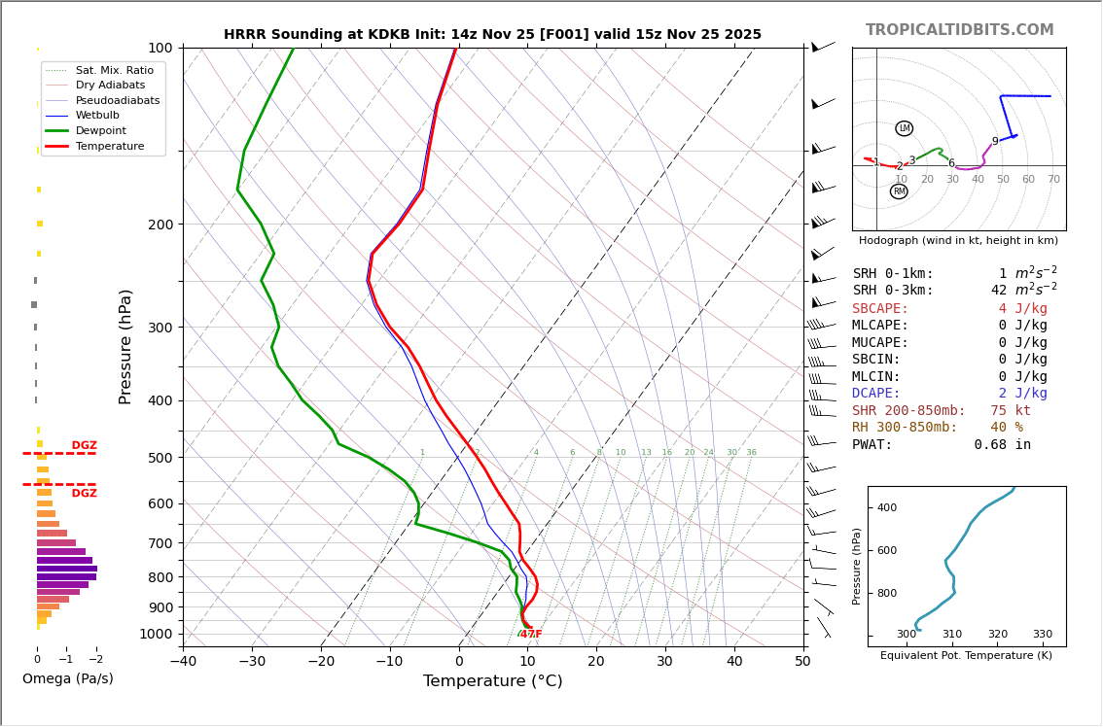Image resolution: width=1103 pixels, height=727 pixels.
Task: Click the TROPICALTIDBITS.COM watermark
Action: tap(959, 30)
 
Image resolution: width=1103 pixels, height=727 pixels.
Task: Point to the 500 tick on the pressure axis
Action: tap(160, 458)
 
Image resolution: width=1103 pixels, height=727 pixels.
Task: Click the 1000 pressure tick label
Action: tap(156, 634)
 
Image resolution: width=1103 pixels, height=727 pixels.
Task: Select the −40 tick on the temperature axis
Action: tap(183, 662)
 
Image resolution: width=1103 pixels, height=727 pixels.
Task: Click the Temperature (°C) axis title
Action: tap(492, 681)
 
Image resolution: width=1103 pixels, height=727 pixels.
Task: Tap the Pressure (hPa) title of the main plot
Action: tap(126, 346)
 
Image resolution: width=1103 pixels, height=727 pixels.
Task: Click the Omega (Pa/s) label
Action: tap(68, 678)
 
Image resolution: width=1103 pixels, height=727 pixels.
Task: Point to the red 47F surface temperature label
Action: tap(531, 635)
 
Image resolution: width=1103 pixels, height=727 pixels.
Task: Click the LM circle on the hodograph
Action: tap(905, 128)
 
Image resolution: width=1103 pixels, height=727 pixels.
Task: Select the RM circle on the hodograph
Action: tap(899, 191)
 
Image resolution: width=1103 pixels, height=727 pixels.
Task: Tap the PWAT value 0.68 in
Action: tap(1002, 445)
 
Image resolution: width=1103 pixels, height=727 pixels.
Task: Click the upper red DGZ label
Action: tap(84, 446)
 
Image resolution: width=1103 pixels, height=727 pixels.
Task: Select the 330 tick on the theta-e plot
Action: tap(1042, 634)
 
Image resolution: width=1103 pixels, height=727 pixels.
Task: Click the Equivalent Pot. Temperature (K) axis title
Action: tap(966, 656)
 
